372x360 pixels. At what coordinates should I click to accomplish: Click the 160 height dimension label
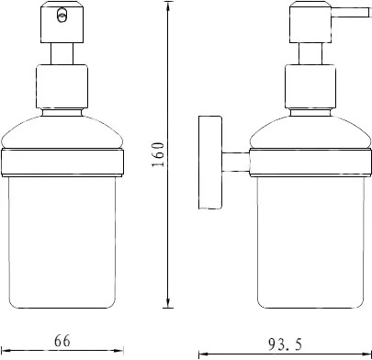(x=158, y=154)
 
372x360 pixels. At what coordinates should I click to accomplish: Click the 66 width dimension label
(x=62, y=341)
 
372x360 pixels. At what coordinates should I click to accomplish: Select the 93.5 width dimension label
(x=286, y=344)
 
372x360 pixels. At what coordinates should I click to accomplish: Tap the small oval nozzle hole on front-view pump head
(x=62, y=16)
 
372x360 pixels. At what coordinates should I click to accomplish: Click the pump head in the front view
(x=62, y=22)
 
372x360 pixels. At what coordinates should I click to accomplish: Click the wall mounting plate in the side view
(x=210, y=163)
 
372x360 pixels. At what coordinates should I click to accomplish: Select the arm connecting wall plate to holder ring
(x=235, y=162)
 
